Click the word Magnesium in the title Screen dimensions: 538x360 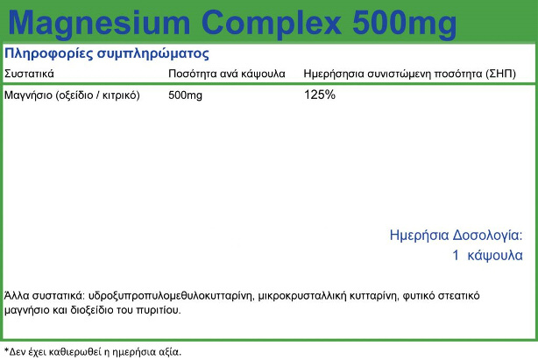[99, 24]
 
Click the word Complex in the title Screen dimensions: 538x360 [272, 24]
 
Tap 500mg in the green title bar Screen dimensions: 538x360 [405, 24]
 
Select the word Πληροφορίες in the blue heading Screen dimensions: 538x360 [49, 53]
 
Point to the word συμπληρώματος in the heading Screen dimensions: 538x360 [153, 54]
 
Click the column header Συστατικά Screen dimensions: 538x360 [29, 74]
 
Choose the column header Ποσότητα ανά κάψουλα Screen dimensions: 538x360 [227, 74]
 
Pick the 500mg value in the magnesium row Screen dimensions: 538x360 [185, 95]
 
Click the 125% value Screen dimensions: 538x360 [320, 95]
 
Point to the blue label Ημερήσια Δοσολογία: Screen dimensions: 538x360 [457, 236]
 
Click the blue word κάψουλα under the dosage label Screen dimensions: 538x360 [495, 256]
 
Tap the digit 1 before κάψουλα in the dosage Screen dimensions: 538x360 [456, 255]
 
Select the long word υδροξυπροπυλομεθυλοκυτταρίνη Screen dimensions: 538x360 [171, 295]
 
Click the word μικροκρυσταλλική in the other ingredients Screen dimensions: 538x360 [302, 295]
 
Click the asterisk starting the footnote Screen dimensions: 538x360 [6, 349]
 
